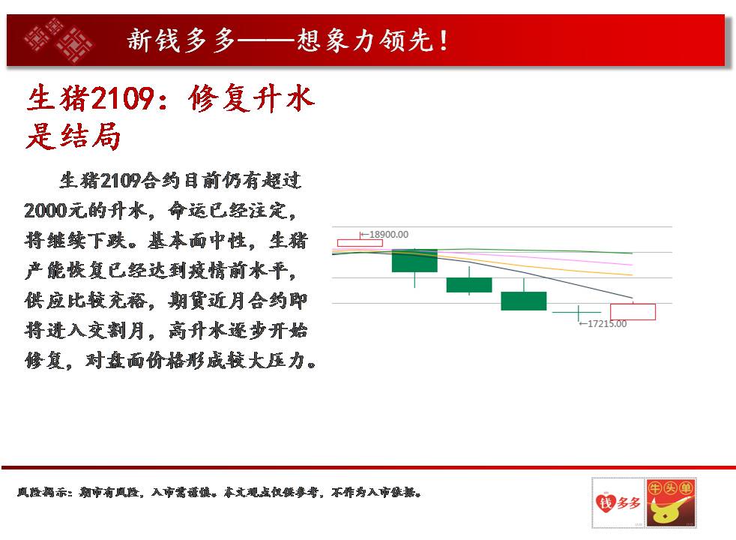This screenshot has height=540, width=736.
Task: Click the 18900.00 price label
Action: tap(389, 234)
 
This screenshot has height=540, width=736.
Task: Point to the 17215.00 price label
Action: tap(607, 323)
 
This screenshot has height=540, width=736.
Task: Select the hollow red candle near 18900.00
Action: tap(360, 243)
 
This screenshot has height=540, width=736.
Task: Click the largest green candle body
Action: tap(414, 260)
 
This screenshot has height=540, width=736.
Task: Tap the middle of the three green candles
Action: tap(469, 285)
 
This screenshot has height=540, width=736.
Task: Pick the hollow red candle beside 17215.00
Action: tap(633, 312)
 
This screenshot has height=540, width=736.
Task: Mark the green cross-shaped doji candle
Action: tap(579, 312)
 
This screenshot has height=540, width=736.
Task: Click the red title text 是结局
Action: tap(73, 136)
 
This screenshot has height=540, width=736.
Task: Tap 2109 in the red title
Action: tap(122, 98)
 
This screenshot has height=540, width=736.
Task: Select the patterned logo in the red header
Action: tap(58, 40)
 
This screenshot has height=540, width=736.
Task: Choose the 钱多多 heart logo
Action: tap(618, 502)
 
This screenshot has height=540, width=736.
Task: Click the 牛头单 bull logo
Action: tap(671, 502)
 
